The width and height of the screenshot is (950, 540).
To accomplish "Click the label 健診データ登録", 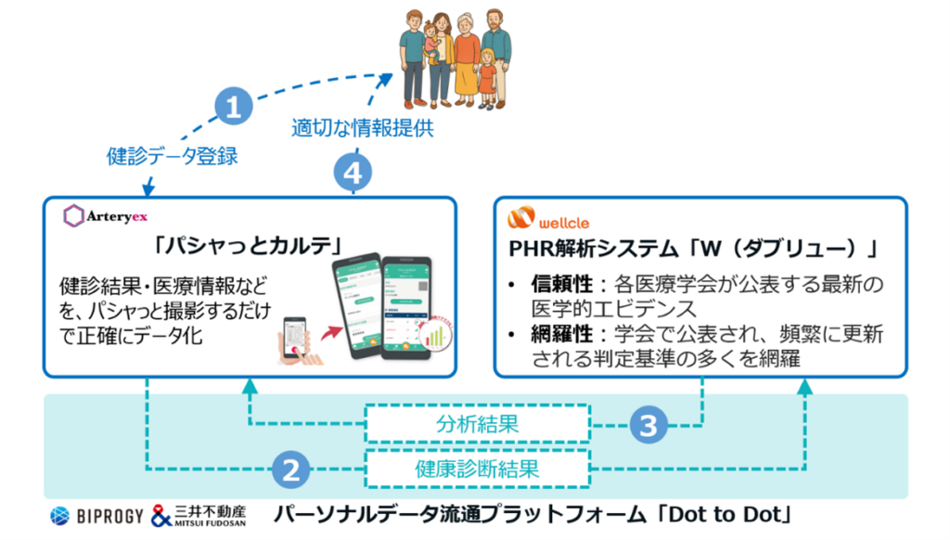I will tap(172, 156).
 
